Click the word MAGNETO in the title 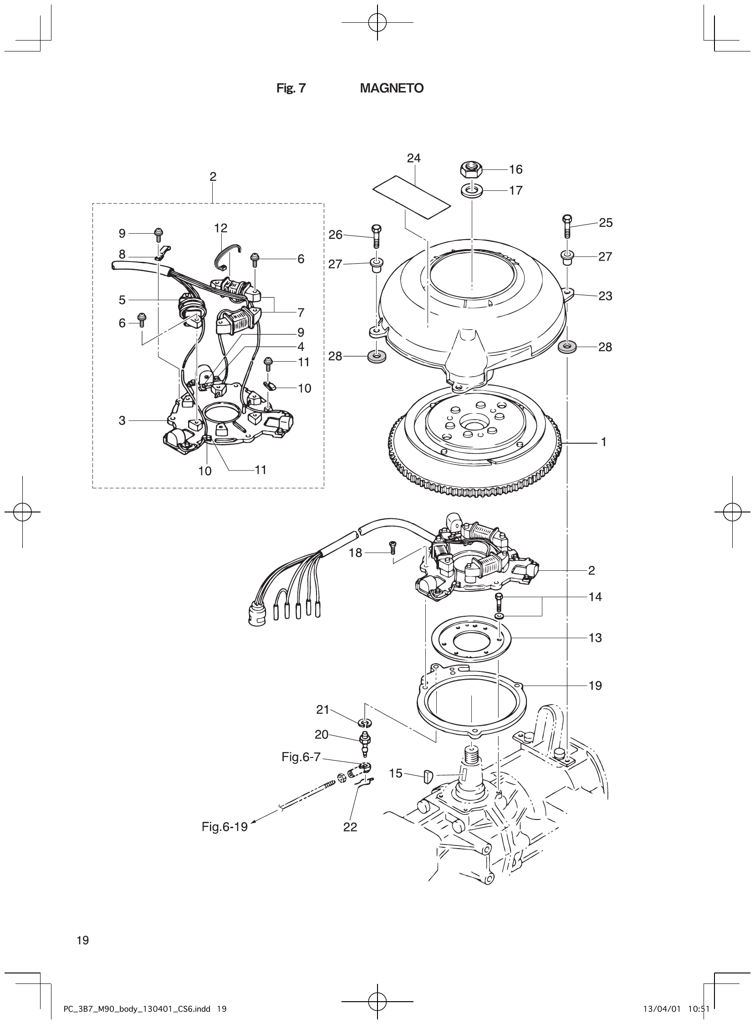(x=391, y=88)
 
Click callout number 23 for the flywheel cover (x=605, y=296)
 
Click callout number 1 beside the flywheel (x=604, y=442)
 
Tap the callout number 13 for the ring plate (x=595, y=638)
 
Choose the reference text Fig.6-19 (x=224, y=826)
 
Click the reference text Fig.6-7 (x=301, y=757)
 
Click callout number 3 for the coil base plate (x=122, y=420)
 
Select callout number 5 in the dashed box (x=122, y=300)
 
